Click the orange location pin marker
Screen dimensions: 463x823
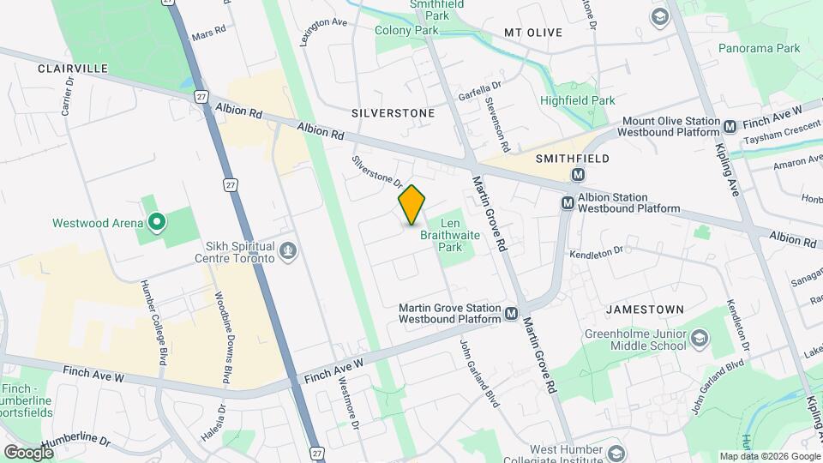tap(412, 205)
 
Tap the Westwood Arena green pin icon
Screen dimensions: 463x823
tap(156, 223)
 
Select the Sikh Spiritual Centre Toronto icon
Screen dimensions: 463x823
tap(290, 251)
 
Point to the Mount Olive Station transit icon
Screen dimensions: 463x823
tap(730, 126)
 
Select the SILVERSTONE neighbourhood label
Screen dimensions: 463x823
tap(393, 113)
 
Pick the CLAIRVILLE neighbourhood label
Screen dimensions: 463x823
tap(72, 68)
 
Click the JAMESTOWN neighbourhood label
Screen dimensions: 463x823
tap(645, 309)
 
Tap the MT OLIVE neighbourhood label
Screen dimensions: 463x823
tap(532, 33)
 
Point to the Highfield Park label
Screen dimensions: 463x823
tap(577, 100)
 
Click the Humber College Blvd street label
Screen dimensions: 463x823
tap(159, 322)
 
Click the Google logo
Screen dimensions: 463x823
tap(28, 452)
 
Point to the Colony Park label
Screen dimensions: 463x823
tap(406, 30)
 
